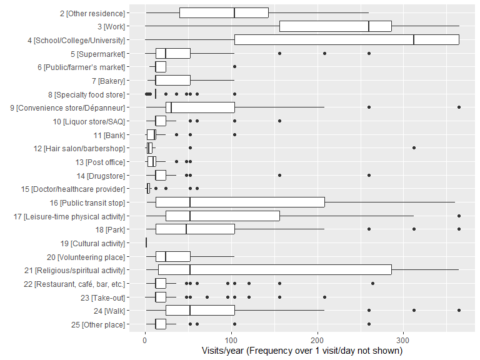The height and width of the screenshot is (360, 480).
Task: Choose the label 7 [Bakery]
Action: click(x=105, y=81)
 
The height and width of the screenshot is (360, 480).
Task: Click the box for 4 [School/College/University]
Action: click(x=347, y=39)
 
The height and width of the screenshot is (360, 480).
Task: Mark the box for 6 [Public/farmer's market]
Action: click(x=161, y=67)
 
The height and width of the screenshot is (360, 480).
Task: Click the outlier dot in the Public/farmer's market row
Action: click(x=234, y=67)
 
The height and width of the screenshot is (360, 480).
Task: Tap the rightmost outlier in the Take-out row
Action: click(x=324, y=297)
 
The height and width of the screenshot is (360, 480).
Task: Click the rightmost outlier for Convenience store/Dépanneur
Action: click(x=459, y=107)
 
